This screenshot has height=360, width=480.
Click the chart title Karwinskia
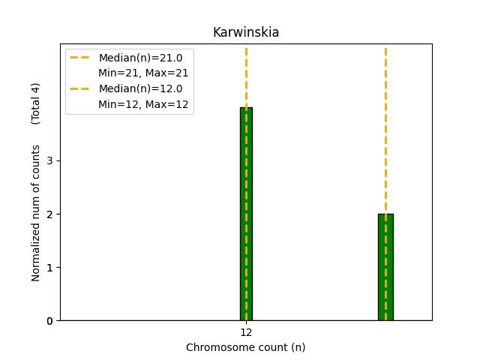(x=246, y=32)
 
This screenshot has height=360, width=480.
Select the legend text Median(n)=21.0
(x=140, y=58)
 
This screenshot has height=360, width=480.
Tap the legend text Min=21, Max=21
(x=143, y=73)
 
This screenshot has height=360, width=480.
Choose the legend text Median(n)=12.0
(x=140, y=88)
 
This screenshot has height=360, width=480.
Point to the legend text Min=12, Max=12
(x=143, y=103)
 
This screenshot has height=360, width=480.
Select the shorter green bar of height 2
(x=385, y=270)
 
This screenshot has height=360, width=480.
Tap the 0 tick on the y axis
(x=49, y=321)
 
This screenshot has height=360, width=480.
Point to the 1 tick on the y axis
(x=49, y=268)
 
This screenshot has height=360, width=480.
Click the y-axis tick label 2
(x=49, y=214)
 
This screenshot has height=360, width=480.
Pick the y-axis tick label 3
(x=49, y=160)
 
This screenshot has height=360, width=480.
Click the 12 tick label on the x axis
(x=246, y=332)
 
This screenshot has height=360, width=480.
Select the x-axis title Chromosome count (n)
(x=246, y=347)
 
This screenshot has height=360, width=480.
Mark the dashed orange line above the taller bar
(x=246, y=75)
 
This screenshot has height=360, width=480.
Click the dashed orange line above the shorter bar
(x=385, y=127)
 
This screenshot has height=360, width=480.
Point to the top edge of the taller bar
(x=246, y=108)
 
